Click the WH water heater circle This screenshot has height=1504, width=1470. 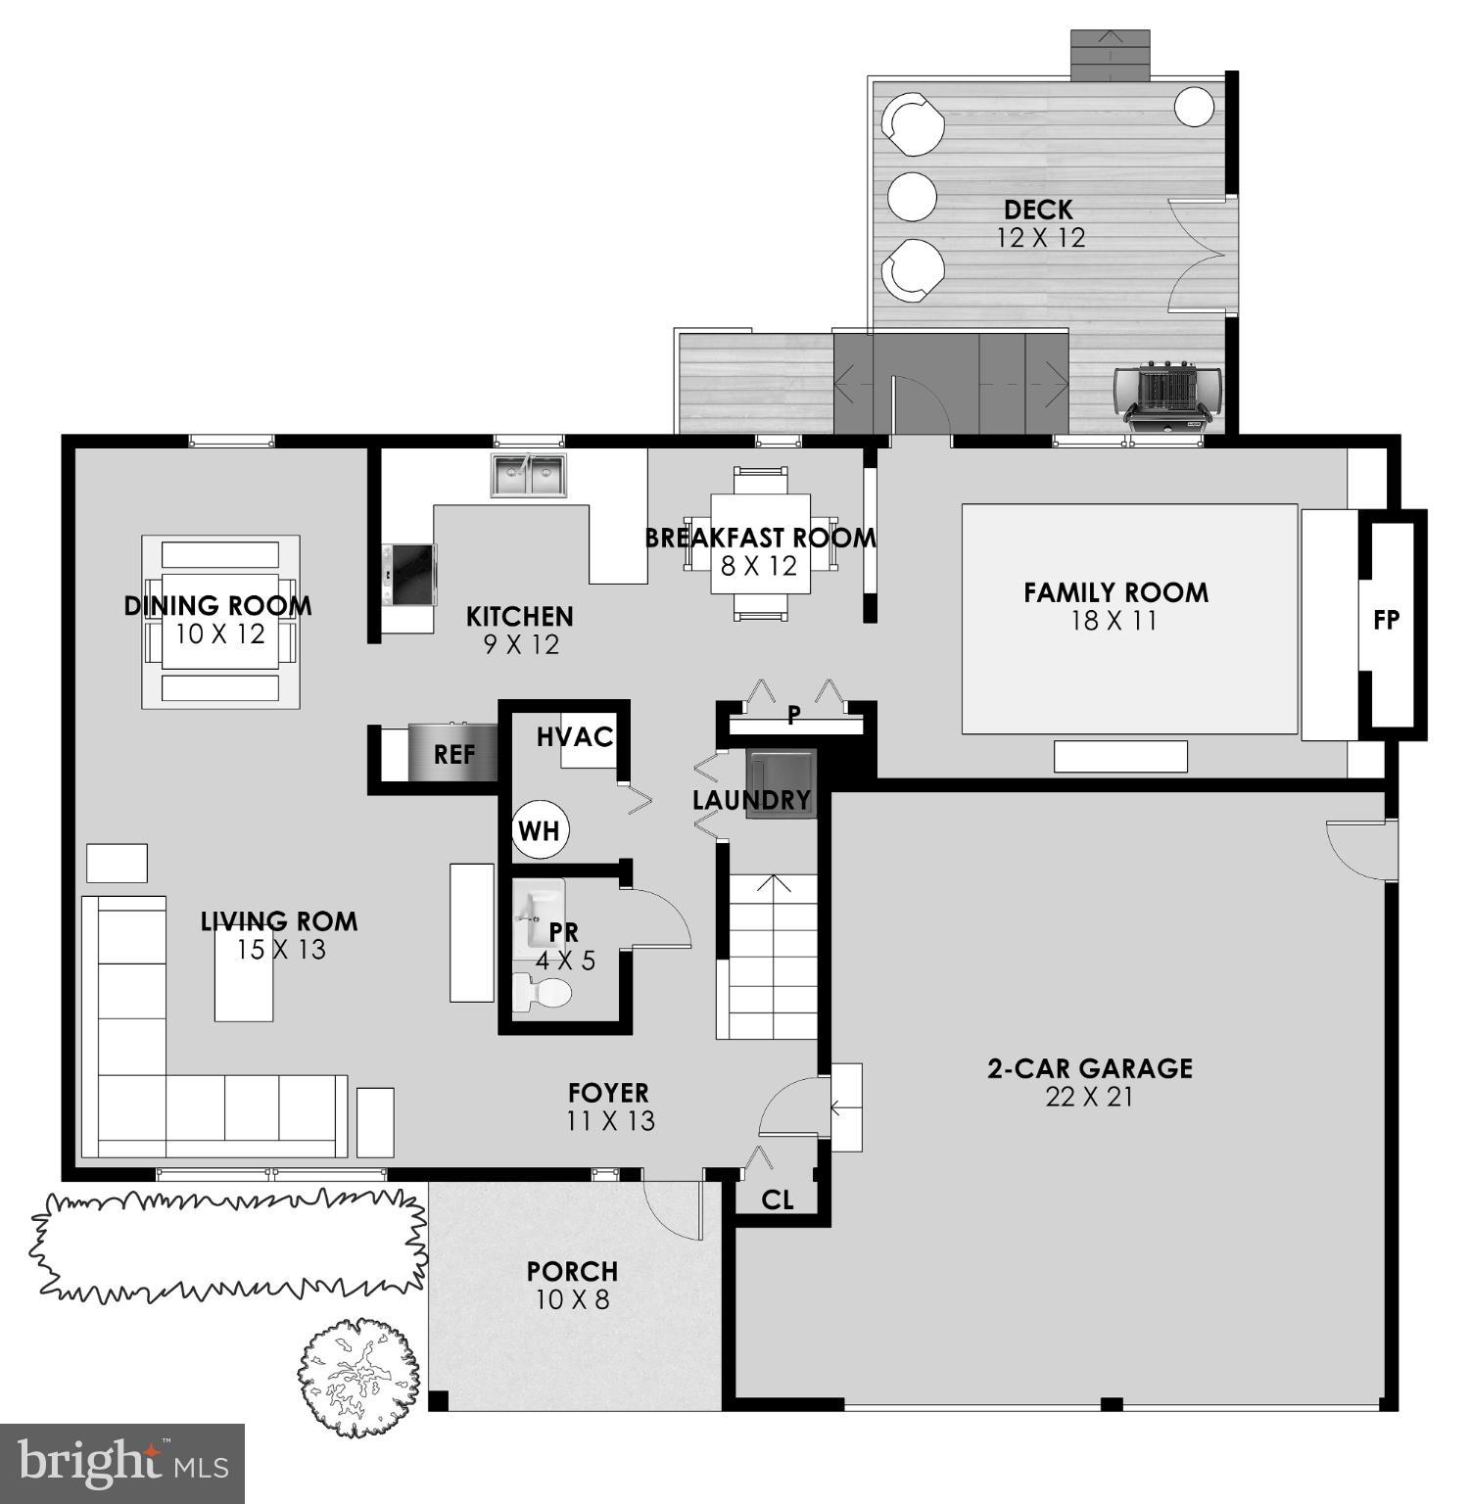(539, 830)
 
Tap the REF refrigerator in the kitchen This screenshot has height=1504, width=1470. (452, 754)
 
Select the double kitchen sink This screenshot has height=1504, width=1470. (529, 475)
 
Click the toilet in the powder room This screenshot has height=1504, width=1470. (542, 993)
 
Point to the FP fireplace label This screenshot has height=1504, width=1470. (1386, 620)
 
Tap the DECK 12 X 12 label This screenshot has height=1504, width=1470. (1040, 223)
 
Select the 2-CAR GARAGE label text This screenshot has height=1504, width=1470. (1089, 1068)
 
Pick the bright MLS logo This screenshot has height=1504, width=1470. (121, 1463)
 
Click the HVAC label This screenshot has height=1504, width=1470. (575, 737)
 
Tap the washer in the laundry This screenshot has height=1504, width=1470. (781, 782)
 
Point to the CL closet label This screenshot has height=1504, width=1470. (778, 1199)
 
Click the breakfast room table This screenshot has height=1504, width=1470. (760, 543)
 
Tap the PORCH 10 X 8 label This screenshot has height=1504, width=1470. (572, 1285)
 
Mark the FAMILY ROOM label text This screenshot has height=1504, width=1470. (1115, 592)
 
